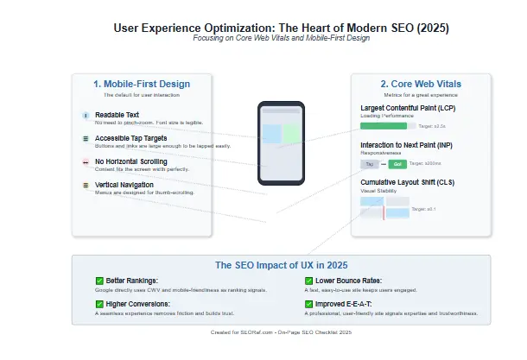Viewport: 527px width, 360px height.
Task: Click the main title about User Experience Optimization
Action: point(281,28)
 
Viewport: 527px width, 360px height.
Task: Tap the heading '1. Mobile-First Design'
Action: point(142,84)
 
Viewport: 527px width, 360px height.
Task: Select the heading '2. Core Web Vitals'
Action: point(421,84)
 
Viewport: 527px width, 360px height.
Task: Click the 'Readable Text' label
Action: point(117,115)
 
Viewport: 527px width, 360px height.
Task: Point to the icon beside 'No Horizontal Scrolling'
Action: point(85,161)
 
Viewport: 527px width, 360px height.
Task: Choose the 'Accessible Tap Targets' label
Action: point(130,138)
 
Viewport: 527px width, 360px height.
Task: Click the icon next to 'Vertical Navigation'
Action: point(85,185)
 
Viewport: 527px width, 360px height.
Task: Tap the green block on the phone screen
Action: point(291,134)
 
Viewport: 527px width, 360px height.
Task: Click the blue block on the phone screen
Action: point(271,134)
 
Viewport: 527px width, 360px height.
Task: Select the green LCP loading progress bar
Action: point(383,126)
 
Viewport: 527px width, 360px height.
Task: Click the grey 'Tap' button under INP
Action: point(369,163)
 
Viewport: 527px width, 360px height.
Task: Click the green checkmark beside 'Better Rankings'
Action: point(98,281)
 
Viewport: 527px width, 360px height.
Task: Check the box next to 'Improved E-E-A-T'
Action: point(308,304)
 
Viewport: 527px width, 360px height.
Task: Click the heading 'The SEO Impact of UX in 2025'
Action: point(281,265)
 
